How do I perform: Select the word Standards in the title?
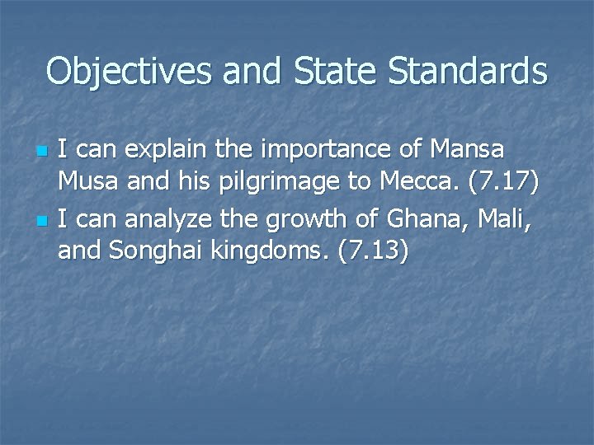pos(466,72)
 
